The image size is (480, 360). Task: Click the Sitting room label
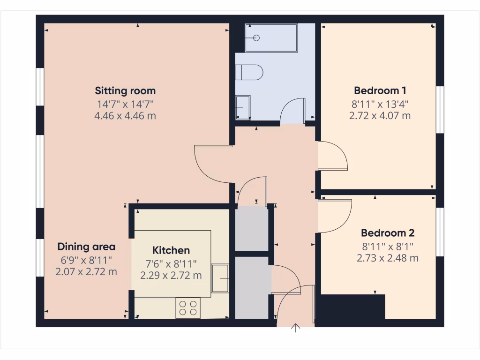125,90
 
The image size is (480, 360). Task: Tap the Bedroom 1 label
380,90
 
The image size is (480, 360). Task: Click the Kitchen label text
171,250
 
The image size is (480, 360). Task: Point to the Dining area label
86,247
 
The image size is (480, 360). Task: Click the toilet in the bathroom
249,73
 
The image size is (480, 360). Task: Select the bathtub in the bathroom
271,38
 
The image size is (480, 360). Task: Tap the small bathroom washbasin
242,107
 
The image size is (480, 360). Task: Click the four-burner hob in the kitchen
187,308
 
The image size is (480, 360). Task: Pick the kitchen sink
220,279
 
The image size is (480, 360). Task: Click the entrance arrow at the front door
296,328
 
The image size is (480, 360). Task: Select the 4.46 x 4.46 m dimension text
125,116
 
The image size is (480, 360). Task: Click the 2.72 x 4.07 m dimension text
380,115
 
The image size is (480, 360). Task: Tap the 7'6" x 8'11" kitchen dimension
171,263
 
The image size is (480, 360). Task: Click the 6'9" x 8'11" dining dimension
86,260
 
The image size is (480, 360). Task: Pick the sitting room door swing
211,164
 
